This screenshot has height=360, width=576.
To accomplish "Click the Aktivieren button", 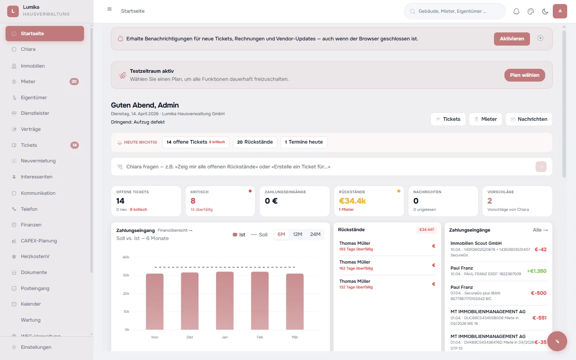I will click(512, 39).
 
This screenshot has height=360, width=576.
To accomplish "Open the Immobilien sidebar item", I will click(33, 66).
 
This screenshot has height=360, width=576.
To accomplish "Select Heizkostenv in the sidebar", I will click(35, 256).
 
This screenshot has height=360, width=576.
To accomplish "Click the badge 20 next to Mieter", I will click(74, 82).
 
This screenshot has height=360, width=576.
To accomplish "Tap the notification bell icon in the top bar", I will click(516, 12).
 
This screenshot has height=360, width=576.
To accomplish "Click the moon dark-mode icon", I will click(545, 12).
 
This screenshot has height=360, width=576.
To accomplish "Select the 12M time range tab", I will click(297, 234).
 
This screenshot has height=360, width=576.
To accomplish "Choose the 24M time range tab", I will click(315, 234).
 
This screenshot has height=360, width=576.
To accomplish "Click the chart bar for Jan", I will click(225, 301).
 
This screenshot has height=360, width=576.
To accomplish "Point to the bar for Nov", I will click(155, 302).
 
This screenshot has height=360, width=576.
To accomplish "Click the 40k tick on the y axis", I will click(126, 257).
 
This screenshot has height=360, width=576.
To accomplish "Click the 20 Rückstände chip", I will click(255, 142).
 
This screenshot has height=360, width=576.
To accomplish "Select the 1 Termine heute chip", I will click(304, 142).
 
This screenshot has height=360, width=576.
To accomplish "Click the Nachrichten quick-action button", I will click(528, 119).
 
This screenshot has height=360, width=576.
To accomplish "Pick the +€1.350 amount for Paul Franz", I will click(536, 271).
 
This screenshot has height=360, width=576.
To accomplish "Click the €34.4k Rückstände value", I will click(352, 201).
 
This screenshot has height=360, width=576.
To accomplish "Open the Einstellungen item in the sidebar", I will click(36, 347).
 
